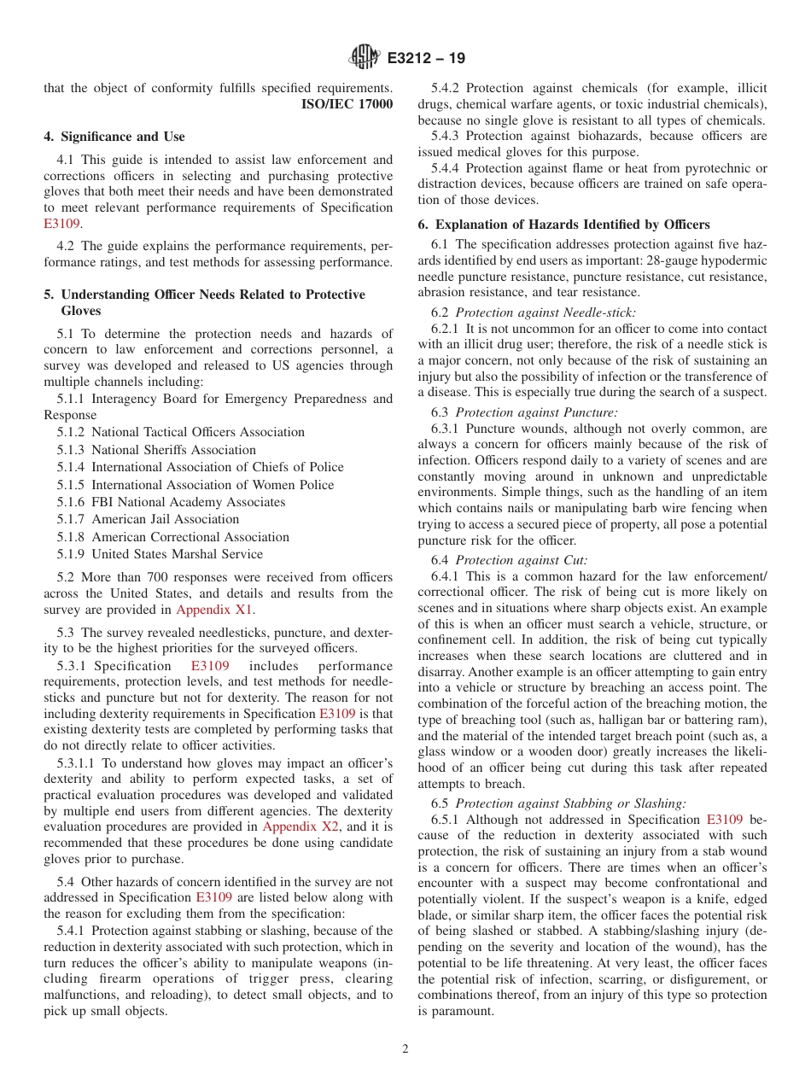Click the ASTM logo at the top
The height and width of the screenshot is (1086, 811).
(365, 58)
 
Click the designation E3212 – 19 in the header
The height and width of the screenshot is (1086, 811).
(426, 59)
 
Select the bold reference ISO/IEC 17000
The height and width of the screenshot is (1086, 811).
(347, 105)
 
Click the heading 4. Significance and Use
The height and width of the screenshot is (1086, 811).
(114, 137)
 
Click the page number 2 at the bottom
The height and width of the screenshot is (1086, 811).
(405, 1049)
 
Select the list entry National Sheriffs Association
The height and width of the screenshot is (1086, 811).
(173, 450)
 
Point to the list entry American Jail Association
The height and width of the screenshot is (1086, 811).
(165, 519)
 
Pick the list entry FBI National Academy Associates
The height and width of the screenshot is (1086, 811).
(188, 502)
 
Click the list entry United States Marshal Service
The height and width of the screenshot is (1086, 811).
(177, 554)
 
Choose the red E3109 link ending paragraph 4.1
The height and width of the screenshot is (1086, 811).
(61, 224)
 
